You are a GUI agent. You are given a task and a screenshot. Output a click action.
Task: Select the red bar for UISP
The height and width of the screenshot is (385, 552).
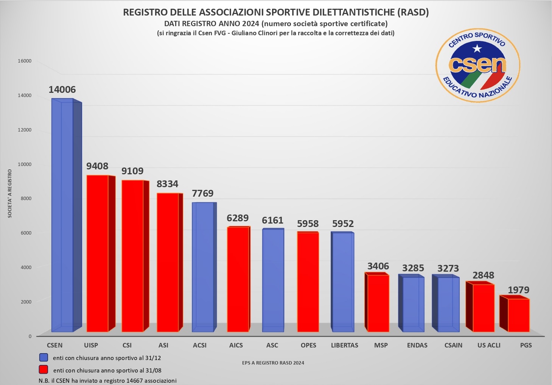point(97,254)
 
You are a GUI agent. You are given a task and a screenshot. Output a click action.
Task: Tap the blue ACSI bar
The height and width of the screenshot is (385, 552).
point(203,267)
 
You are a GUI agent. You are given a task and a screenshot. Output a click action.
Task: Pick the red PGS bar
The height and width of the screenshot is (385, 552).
point(518,315)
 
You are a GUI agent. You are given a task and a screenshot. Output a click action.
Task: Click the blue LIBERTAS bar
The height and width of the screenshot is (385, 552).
point(343,282)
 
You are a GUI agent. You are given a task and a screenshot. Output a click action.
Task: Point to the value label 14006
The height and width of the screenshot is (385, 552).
point(62,90)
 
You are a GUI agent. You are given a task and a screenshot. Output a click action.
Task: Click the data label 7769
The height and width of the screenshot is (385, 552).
point(203,194)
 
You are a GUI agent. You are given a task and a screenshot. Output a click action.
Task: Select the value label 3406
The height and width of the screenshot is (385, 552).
point(378,266)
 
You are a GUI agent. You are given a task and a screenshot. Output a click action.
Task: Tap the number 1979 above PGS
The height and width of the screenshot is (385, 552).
point(518,290)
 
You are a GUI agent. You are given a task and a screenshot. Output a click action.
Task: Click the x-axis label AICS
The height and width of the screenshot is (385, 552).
point(236,345)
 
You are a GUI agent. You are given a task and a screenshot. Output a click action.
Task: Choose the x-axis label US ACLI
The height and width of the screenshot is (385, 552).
point(489,345)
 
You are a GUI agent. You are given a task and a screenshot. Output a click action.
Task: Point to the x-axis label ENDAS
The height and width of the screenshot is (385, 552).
point(417,345)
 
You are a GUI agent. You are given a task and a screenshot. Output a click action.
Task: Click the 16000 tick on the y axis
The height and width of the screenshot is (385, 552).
point(25,61)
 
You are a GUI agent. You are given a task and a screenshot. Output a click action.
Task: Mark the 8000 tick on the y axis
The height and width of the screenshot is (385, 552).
point(26,199)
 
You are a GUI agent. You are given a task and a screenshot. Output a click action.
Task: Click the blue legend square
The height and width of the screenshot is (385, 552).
point(44,357)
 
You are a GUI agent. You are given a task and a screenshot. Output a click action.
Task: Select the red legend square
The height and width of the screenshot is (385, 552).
point(44,369)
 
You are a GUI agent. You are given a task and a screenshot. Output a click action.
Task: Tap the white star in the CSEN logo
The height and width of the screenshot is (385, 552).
point(477,49)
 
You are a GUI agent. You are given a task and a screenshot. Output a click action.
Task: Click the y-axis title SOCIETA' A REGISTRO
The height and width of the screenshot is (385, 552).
point(10,194)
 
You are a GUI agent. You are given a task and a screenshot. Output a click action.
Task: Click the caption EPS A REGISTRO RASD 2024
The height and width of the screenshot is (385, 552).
point(273,363)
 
